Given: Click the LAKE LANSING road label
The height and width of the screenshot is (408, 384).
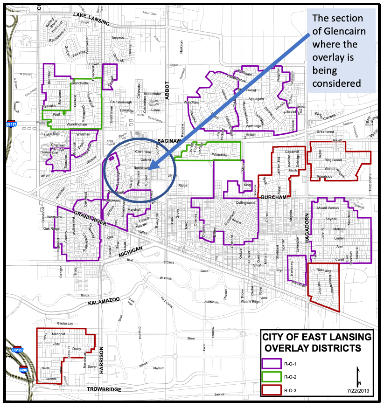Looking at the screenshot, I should pyautogui.click(x=91, y=19).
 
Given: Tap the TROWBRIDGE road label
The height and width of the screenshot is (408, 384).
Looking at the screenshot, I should pyautogui.click(x=104, y=389).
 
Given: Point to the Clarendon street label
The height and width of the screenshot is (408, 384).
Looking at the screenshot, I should pyautogui.click(x=143, y=152).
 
